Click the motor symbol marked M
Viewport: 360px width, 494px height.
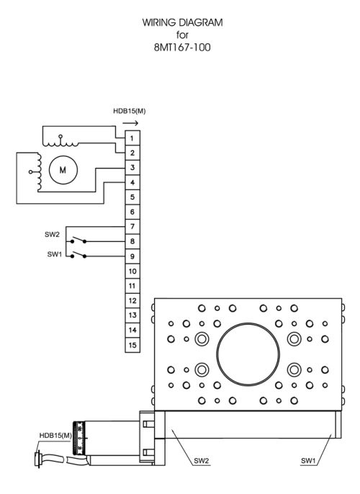pyautogui.click(x=63, y=170)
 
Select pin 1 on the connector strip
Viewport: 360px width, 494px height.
pyautogui.click(x=132, y=138)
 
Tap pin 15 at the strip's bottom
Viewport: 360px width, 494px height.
pyautogui.click(x=132, y=345)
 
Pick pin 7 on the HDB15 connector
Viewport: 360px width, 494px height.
pyautogui.click(x=132, y=227)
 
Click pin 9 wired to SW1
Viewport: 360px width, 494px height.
pyautogui.click(x=132, y=256)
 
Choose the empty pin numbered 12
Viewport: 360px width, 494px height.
pyautogui.click(x=132, y=300)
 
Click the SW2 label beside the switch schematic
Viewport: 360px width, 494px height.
pyautogui.click(x=52, y=235)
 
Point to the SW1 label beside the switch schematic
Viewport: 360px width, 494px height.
pyautogui.click(x=55, y=254)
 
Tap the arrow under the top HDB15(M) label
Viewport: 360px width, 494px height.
pyautogui.click(x=130, y=123)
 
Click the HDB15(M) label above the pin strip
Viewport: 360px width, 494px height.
pyautogui.click(x=129, y=111)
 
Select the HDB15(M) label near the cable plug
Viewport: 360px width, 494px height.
pyautogui.click(x=55, y=436)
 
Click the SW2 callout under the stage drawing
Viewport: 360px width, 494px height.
pyautogui.click(x=202, y=461)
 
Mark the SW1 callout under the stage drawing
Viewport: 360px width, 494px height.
pyautogui.click(x=308, y=461)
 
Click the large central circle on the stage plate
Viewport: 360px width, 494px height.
pyautogui.click(x=248, y=323)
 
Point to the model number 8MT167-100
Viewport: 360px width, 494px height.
pyautogui.click(x=182, y=48)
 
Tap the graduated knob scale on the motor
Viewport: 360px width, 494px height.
pyautogui.click(x=78, y=438)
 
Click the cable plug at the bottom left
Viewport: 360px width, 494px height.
pyautogui.click(x=38, y=459)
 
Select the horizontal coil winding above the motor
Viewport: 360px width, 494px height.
pyautogui.click(x=60, y=143)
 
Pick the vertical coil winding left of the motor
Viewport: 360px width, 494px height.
pyautogui.click(x=38, y=172)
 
